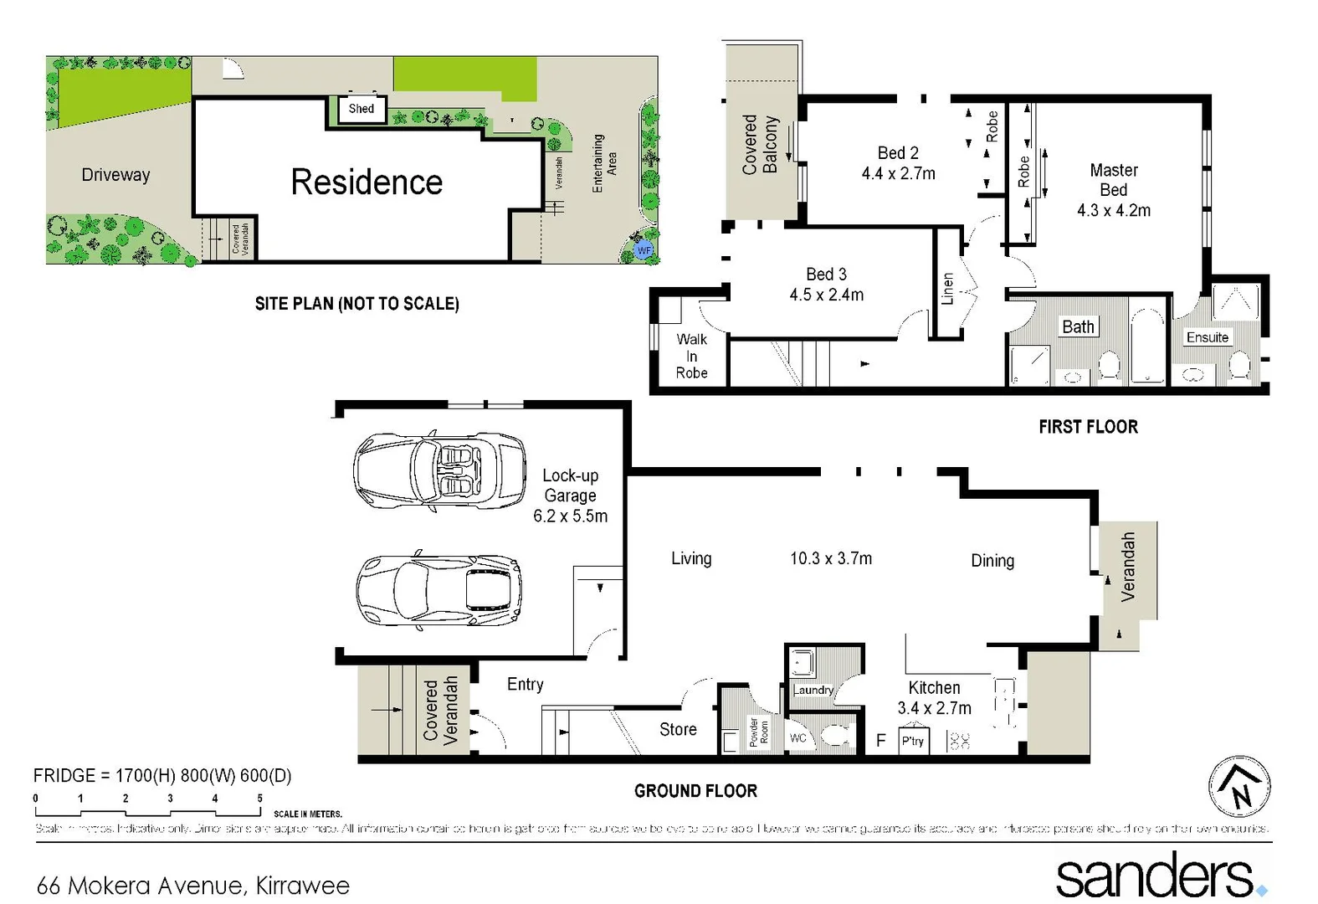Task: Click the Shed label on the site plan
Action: pyautogui.click(x=362, y=109)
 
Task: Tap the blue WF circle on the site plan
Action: pyautogui.click(x=644, y=250)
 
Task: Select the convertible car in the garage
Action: pyautogui.click(x=439, y=470)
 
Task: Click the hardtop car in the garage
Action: pyautogui.click(x=439, y=590)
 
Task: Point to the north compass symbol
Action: pyautogui.click(x=1239, y=787)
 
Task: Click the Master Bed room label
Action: pyautogui.click(x=1113, y=190)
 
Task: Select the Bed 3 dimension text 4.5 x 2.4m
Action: pyautogui.click(x=826, y=295)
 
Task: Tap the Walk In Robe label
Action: pyautogui.click(x=691, y=356)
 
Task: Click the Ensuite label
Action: pyautogui.click(x=1207, y=337)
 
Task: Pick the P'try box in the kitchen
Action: pyautogui.click(x=912, y=741)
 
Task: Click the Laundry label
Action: pyautogui.click(x=813, y=690)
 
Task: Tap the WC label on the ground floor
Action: pyautogui.click(x=797, y=737)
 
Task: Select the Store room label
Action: pyautogui.click(x=678, y=729)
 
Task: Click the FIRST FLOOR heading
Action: pyautogui.click(x=1088, y=427)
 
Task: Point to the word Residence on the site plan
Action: pyautogui.click(x=367, y=182)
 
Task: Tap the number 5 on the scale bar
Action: pyautogui.click(x=259, y=799)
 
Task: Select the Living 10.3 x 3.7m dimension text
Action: pyautogui.click(x=830, y=558)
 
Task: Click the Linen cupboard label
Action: pyautogui.click(x=947, y=289)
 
